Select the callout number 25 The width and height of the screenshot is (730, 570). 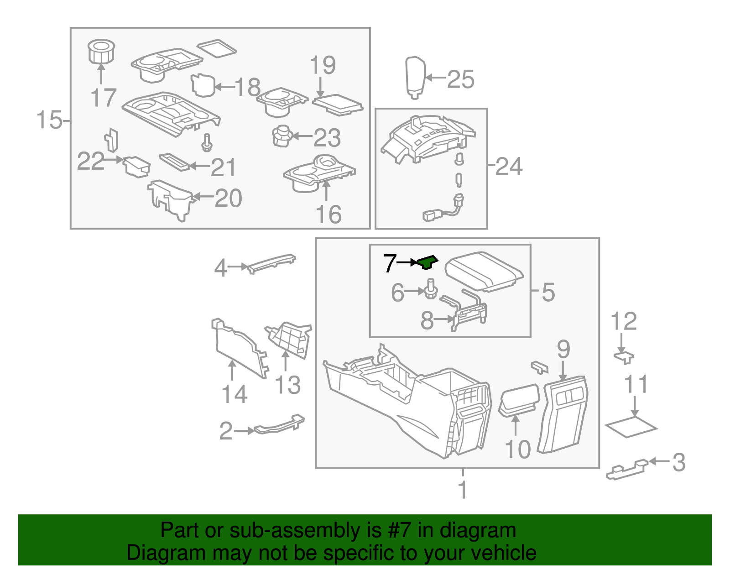point(460,79)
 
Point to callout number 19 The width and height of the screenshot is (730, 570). point(323,66)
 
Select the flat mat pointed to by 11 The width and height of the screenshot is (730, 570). point(631,427)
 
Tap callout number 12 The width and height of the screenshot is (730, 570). point(624,322)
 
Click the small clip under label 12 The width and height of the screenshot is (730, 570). point(624,356)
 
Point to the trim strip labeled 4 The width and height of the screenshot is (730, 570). point(271,263)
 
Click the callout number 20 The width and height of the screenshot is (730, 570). point(228,198)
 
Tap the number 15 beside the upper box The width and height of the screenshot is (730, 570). point(49,120)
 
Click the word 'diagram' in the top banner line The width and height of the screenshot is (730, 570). point(487,530)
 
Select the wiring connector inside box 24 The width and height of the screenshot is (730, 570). point(440,212)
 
